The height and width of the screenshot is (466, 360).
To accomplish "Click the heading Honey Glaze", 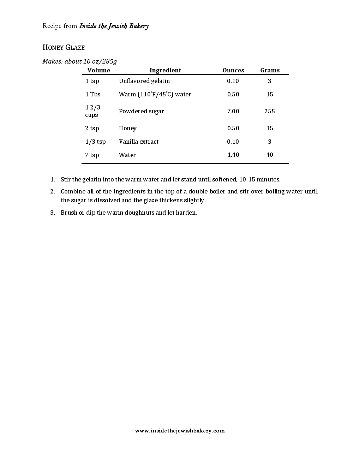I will tap(64, 48).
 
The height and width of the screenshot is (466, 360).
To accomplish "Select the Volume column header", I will tap(99, 70).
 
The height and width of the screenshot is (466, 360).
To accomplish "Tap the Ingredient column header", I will tap(165, 70).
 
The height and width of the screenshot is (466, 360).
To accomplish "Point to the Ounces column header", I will tap(233, 70).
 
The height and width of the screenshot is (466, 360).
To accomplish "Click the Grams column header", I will tap(270, 70).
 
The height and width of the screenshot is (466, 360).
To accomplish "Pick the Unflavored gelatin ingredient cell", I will tap(144, 81).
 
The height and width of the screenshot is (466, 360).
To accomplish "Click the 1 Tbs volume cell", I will tap(93, 94).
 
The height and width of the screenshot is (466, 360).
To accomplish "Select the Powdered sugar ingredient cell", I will tap(141, 111).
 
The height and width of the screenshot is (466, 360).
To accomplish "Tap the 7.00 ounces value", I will tap(233, 111).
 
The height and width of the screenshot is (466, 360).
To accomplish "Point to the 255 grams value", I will tap(270, 111).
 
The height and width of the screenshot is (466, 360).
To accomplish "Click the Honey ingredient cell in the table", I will tap(127, 128).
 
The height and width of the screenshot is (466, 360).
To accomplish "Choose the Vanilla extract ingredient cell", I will tap(139, 142).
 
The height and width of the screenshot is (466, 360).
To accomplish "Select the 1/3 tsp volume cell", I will tap(95, 142).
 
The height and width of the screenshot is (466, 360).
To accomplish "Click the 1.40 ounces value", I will tap(233, 155).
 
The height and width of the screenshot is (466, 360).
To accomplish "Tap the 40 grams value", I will tap(270, 155).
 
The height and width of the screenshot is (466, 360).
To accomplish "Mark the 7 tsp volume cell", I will tap(92, 155).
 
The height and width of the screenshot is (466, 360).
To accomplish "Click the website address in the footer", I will tap(180, 431).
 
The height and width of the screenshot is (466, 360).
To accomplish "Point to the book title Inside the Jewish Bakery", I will tap(114, 26).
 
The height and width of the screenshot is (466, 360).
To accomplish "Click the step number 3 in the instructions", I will tap(53, 213).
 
